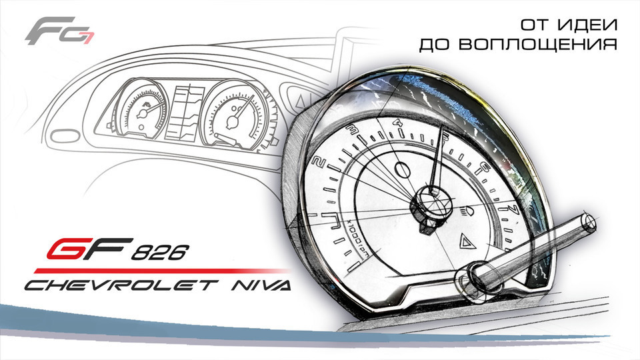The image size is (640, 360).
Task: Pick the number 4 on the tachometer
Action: tap(398, 123)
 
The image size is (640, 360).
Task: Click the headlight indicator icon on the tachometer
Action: tap(467, 213)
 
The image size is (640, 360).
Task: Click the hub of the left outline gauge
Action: tap(142, 113)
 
